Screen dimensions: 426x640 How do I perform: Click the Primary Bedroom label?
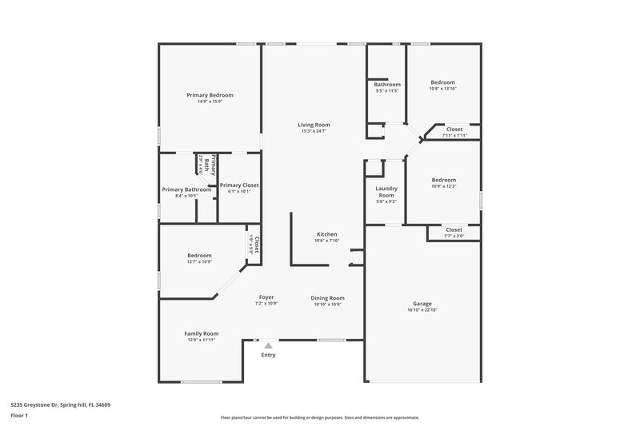point(210,95)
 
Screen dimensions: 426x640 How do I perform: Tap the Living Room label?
point(314,125)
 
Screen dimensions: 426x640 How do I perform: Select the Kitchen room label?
point(326,234)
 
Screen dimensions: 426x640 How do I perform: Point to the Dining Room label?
point(327,298)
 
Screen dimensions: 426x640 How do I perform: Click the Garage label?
point(422,304)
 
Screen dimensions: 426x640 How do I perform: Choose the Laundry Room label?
point(386,192)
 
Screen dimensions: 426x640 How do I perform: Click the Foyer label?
point(266,297)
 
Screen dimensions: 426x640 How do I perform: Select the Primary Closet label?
point(239,185)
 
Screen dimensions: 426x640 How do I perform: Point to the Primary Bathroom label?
point(186,189)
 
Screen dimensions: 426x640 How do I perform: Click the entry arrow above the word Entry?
point(268,346)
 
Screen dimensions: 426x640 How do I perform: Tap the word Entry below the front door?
point(268,355)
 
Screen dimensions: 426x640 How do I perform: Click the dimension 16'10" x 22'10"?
point(422,310)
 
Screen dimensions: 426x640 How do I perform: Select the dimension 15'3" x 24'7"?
point(314,131)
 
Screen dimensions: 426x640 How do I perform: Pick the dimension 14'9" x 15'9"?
point(210,102)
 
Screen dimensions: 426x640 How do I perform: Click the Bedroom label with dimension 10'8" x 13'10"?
point(442,82)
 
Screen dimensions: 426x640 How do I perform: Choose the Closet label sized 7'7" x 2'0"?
point(454,230)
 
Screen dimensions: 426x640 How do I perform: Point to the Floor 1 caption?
point(18,416)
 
